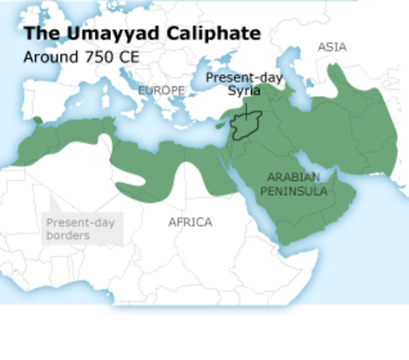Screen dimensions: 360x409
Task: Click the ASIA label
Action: click(x=332, y=46)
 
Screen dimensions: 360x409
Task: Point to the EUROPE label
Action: click(x=161, y=90)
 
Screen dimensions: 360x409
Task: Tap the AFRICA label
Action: click(x=190, y=222)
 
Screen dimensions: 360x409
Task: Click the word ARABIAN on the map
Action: click(x=293, y=178)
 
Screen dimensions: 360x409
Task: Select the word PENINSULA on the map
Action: click(x=293, y=191)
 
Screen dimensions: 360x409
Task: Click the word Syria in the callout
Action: click(x=245, y=91)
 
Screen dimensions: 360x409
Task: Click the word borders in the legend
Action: click(x=68, y=235)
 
